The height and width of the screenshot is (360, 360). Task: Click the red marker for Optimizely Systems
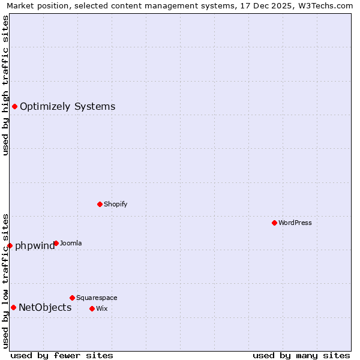point(14,106)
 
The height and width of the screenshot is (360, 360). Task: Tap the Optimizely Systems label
point(67,107)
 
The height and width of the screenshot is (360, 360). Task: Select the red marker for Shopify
point(100,204)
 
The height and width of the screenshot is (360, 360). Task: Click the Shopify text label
point(115,204)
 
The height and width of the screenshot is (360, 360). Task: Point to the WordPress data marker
point(274,223)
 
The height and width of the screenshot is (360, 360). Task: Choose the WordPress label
point(295,223)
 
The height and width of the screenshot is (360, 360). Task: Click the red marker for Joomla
point(56,243)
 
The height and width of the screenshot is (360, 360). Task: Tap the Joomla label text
point(71,243)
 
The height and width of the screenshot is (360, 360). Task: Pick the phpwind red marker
point(10,245)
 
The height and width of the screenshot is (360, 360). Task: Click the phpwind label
point(34,245)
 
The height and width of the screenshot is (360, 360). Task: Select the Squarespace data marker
point(72,298)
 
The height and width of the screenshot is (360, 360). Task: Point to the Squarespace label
point(97,298)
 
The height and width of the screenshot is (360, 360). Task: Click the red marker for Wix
point(92,308)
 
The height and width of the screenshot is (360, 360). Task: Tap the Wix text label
point(101,308)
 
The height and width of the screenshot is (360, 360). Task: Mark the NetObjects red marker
point(13,307)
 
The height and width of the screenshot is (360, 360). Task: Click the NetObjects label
point(45,308)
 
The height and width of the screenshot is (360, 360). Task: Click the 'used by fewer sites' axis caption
point(62,355)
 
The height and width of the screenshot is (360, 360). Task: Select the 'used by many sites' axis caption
point(301,355)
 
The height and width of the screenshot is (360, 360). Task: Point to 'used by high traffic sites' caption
point(5,85)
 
